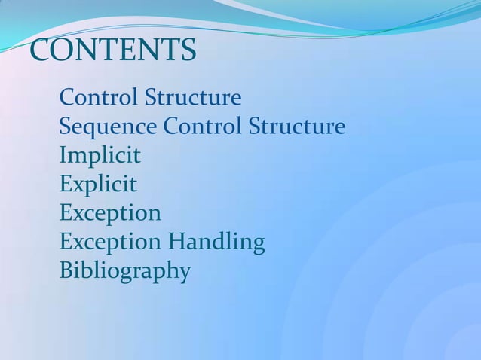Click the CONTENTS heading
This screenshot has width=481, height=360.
(x=112, y=50)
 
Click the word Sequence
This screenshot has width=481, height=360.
(x=108, y=127)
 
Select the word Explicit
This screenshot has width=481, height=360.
(x=98, y=185)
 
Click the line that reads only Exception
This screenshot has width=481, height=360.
(x=110, y=213)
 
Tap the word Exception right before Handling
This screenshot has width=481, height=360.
(x=110, y=242)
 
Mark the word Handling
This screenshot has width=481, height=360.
(x=216, y=242)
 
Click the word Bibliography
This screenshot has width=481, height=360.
(x=124, y=270)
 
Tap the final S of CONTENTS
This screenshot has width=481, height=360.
(x=188, y=50)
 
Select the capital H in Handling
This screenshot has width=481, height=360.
(x=176, y=242)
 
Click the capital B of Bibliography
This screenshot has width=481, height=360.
(x=66, y=270)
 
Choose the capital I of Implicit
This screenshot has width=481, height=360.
(x=63, y=156)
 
